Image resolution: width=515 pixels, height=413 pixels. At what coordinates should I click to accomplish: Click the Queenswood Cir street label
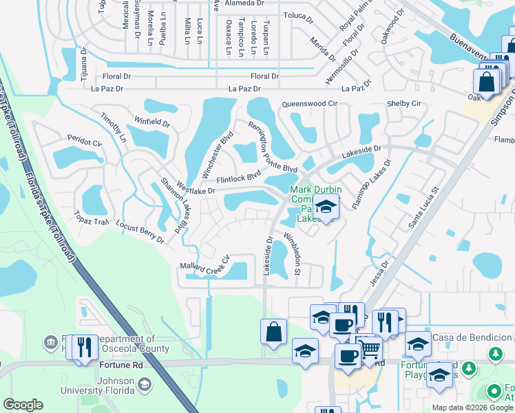click(309, 104)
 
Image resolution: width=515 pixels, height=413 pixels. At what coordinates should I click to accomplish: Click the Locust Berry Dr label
click(140, 232)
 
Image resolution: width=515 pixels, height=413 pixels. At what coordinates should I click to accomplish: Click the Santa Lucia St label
click(424, 206)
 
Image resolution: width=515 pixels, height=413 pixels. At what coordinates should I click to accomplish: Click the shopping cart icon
click(370, 350)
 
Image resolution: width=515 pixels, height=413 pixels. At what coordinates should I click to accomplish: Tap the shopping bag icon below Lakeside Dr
click(273, 331)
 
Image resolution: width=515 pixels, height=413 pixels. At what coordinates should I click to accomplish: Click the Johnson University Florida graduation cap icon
click(143, 386)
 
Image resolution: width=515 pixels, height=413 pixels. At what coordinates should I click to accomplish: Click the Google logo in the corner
click(23, 405)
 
